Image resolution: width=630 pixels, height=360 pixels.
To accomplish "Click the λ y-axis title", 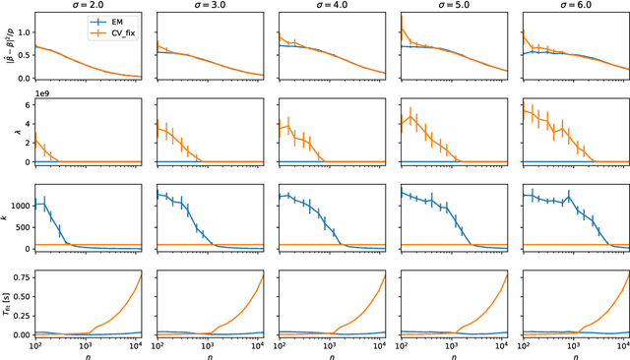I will (8, 131).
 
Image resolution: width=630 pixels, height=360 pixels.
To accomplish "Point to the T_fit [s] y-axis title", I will (8, 296).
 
